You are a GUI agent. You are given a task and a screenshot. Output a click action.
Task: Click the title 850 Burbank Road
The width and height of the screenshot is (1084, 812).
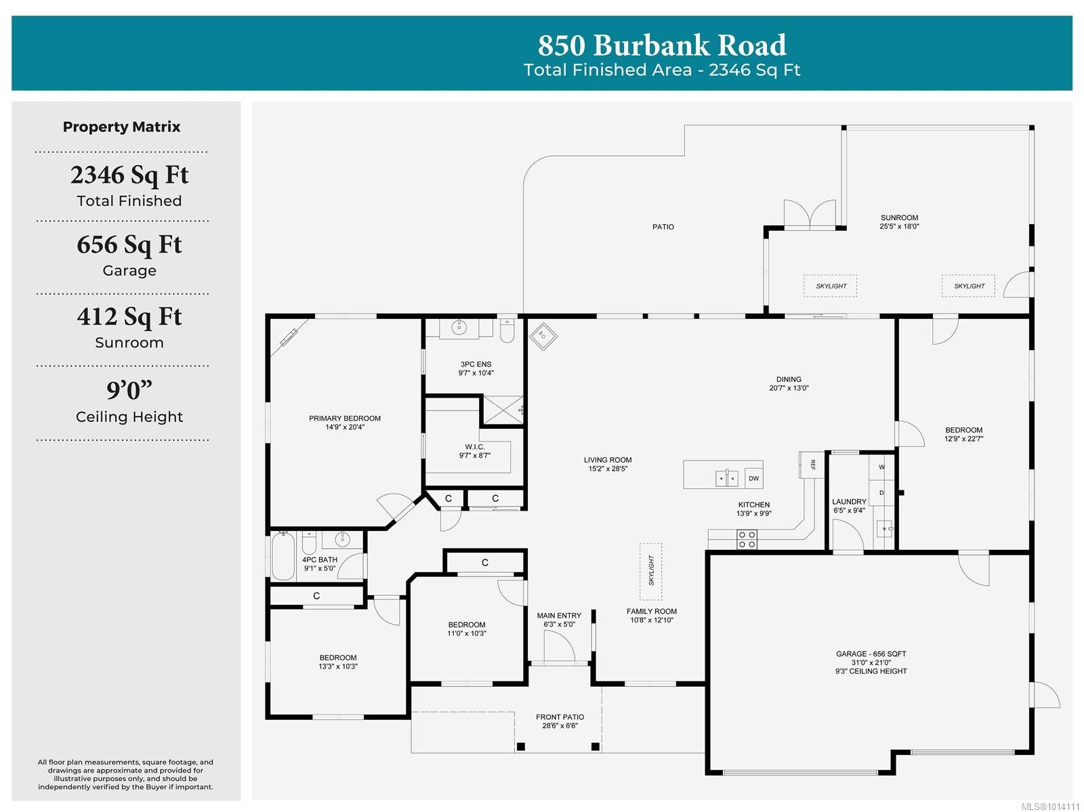662,45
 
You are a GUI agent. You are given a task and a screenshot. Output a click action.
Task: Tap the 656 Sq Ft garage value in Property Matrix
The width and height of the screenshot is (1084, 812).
129,244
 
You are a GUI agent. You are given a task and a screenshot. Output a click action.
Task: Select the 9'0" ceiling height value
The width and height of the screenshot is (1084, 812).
129,390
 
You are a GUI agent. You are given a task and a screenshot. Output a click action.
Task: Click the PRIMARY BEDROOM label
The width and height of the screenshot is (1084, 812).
345,419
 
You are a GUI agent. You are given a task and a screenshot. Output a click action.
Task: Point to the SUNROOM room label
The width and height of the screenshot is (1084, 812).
899,217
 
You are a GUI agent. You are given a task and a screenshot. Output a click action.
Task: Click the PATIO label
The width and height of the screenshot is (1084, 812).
663,227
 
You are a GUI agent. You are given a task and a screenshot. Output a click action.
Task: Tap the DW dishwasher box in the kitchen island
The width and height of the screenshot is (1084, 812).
753,478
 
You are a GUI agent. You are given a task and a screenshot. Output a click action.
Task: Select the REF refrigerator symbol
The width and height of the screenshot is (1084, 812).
812,465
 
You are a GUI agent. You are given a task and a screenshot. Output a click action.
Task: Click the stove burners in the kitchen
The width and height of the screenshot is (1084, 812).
747,540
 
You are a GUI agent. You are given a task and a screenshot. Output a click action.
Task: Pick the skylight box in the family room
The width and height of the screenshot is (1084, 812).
651,571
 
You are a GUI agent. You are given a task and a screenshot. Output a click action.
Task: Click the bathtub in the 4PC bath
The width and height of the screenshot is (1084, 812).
283,556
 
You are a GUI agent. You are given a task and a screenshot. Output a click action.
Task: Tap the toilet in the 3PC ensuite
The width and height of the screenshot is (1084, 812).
507,330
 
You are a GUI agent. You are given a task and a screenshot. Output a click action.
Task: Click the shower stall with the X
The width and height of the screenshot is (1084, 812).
503,410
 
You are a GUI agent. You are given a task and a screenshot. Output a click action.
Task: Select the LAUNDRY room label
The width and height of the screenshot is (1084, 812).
849,502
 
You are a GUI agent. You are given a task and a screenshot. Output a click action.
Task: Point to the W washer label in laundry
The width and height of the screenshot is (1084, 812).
881,467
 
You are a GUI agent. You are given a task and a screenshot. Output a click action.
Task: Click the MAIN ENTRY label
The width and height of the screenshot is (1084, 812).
559,616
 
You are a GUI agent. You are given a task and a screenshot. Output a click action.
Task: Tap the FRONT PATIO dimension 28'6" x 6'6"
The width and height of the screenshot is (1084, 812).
560,725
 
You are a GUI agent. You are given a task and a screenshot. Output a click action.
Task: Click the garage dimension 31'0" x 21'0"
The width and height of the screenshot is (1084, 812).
871,662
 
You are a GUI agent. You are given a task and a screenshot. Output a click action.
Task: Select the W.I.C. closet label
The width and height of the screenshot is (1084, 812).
475,447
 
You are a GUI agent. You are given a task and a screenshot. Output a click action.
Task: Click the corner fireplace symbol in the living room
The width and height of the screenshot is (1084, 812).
543,336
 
